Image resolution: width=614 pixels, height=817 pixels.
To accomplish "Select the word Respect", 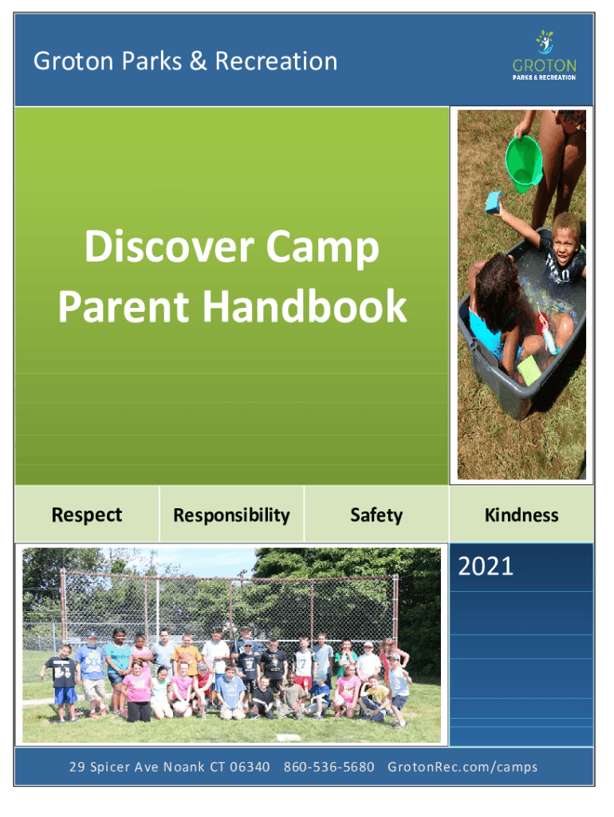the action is tap(87, 515).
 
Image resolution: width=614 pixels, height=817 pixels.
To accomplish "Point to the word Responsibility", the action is tap(232, 515).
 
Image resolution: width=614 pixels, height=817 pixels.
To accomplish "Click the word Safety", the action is tap(376, 515).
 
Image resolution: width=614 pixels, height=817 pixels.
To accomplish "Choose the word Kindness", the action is tap(522, 515).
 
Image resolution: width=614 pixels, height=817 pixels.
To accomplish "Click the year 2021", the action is tap(486, 566).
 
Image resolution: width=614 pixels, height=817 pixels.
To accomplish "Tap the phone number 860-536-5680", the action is tap(329, 767).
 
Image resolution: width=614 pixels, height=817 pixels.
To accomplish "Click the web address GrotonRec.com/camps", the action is tap(462, 767).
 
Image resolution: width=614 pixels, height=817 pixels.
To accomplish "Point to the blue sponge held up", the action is tap(494, 202).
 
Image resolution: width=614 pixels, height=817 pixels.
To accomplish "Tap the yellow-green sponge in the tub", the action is tap(530, 370).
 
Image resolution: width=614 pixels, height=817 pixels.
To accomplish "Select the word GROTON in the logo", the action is tap(544, 65).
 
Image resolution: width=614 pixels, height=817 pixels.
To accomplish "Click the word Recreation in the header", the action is tap(276, 61).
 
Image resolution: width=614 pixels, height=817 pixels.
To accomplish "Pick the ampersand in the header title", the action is tap(198, 61).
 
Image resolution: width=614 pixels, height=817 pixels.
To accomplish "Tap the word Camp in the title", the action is tap(322, 248).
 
